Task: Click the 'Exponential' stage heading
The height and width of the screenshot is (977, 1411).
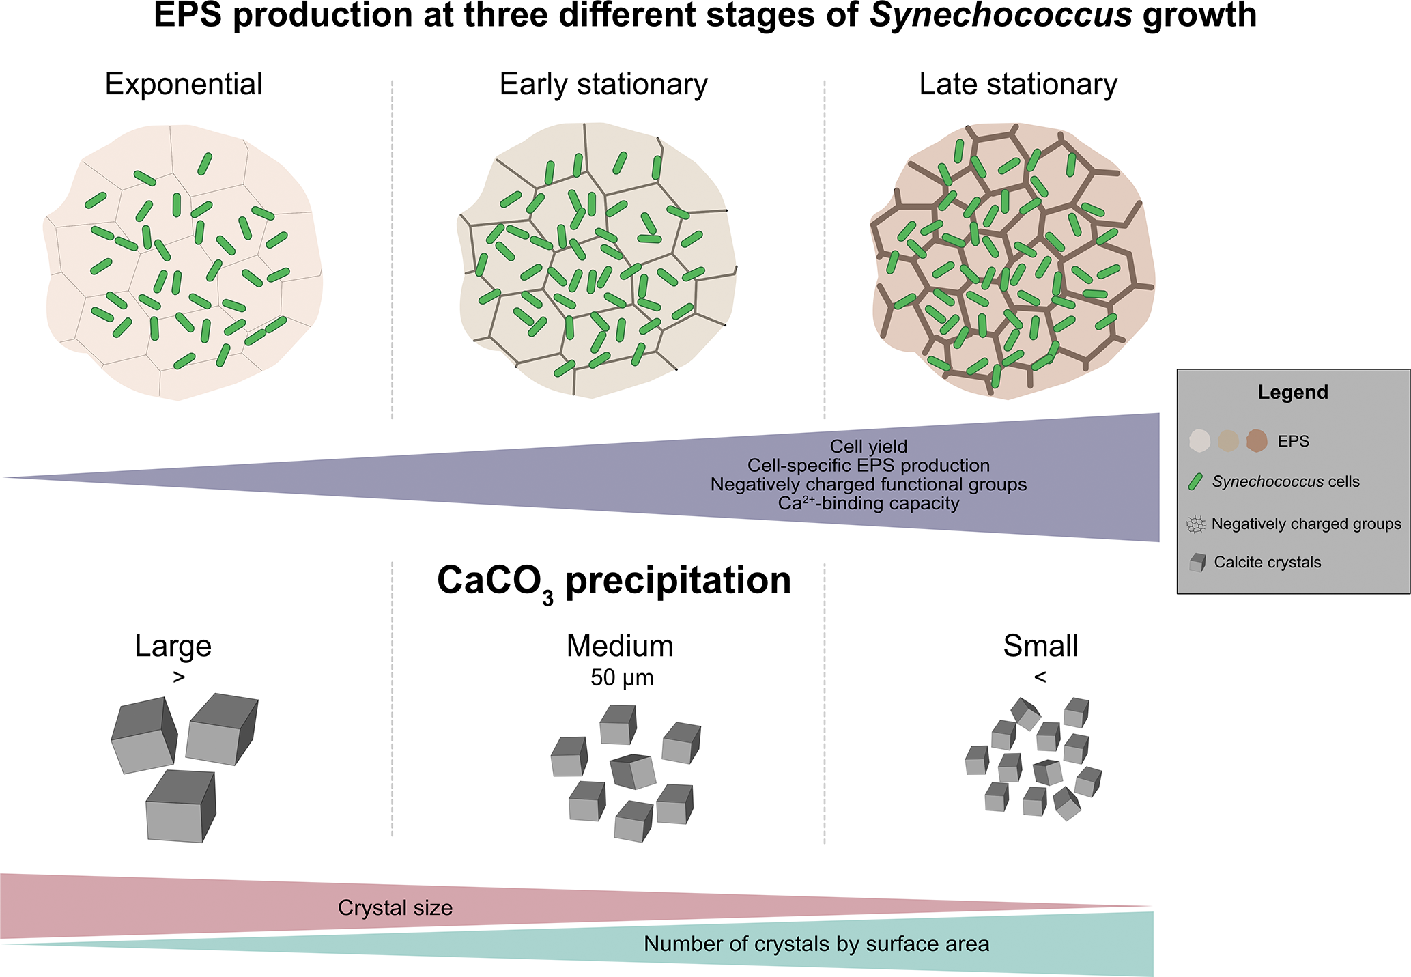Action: (x=184, y=85)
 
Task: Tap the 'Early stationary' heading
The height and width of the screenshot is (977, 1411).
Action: (x=603, y=85)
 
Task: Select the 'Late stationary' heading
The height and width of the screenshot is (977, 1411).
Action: (x=1018, y=85)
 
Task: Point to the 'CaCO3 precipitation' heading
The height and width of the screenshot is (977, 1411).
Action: (x=614, y=581)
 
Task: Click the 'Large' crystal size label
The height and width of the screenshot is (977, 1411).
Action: (x=173, y=646)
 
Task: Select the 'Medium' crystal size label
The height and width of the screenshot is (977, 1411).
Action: (x=620, y=646)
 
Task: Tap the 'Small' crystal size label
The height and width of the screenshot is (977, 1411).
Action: (x=1040, y=646)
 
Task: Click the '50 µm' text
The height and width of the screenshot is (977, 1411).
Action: (x=622, y=678)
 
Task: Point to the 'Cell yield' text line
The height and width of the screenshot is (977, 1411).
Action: (x=868, y=447)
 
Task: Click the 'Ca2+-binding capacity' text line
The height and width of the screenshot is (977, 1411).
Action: (x=868, y=504)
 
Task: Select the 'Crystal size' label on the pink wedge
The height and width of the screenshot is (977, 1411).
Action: (x=395, y=908)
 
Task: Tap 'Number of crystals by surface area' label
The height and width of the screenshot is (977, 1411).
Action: (x=816, y=944)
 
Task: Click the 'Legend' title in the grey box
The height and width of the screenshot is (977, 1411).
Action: (x=1293, y=393)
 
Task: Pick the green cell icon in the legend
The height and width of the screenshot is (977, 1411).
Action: (x=1195, y=482)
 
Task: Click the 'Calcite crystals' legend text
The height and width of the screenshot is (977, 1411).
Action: (x=1267, y=563)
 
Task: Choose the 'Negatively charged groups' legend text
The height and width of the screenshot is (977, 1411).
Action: (x=1306, y=524)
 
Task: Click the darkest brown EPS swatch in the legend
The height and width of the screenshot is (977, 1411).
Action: (x=1257, y=441)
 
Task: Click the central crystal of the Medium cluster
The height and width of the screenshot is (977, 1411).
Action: (x=633, y=771)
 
